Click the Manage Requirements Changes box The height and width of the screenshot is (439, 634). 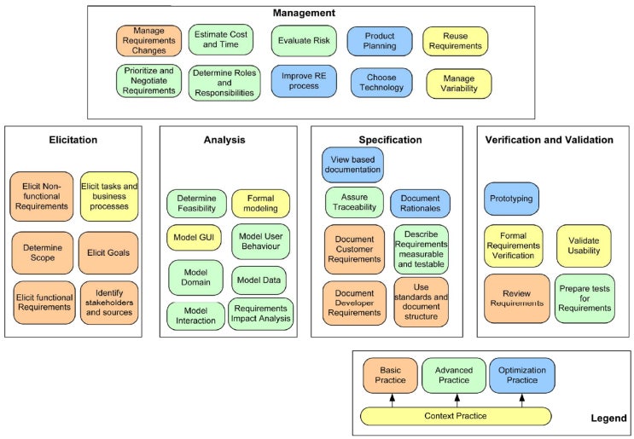pos(149,41)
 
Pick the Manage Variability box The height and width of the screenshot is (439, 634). pos(458,84)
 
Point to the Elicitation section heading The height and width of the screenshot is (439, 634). pos(74,140)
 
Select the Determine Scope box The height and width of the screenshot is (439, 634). pos(42,252)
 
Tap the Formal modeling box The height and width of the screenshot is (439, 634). pos(260,204)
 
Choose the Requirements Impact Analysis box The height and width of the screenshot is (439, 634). pos(260,314)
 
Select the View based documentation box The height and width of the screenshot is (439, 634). pos(352,165)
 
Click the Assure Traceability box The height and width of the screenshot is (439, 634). pos(352,203)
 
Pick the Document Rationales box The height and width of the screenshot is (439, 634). pos(420,204)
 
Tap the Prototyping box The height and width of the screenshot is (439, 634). pos(511,199)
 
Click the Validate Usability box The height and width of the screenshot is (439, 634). pos(584,245)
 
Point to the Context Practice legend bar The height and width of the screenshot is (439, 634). pos(457,416)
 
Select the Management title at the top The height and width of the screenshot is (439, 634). pos(304,13)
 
